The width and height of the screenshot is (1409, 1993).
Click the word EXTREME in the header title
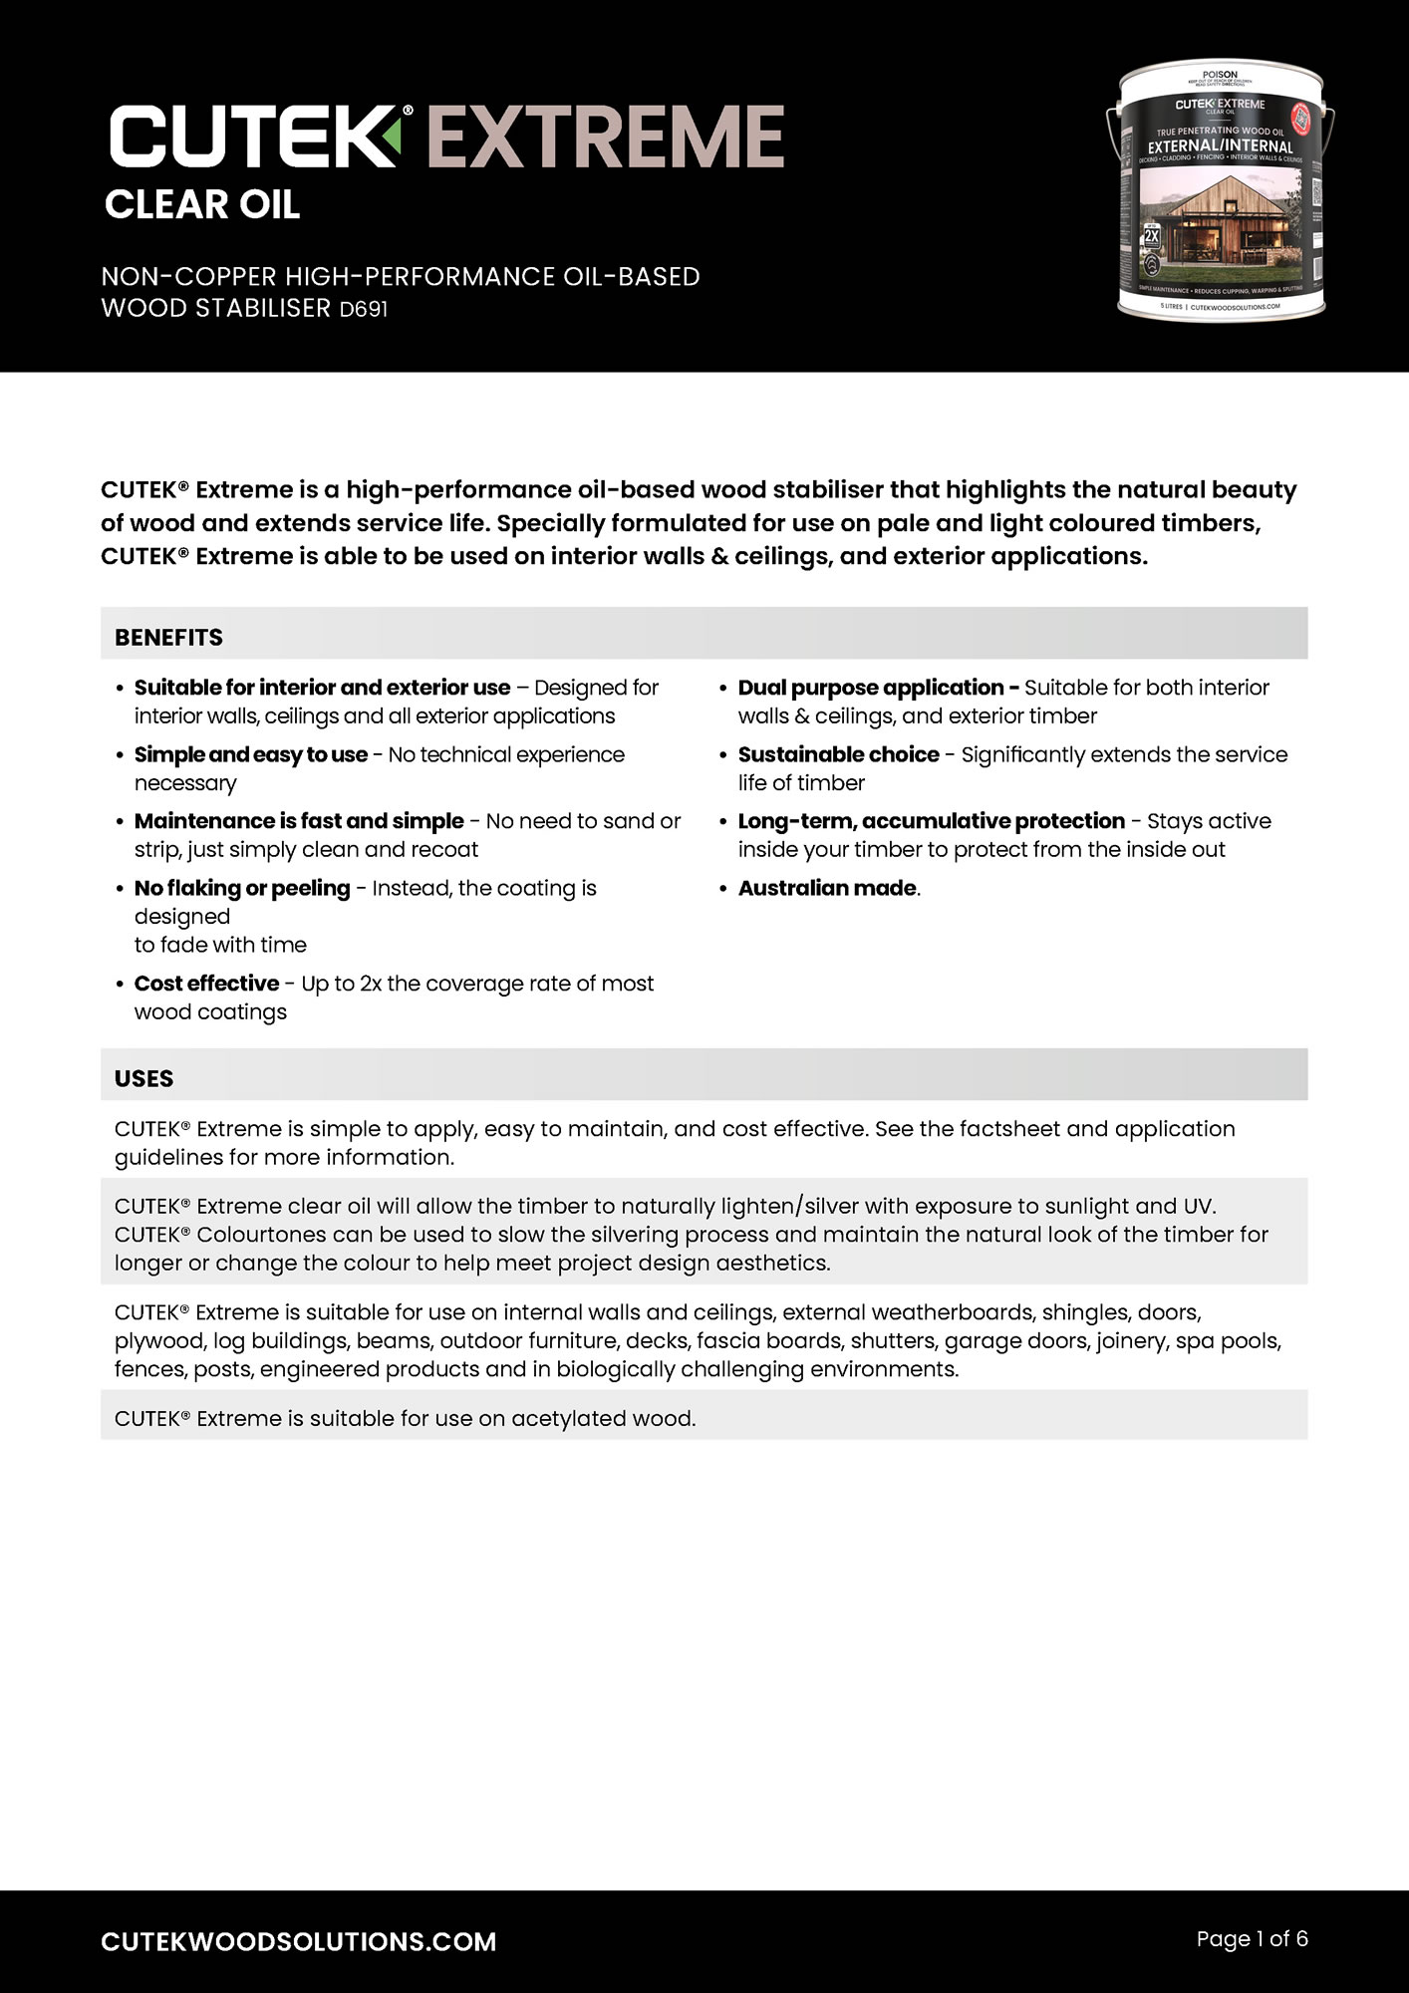tap(605, 137)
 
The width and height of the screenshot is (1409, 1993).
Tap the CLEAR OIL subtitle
tap(202, 205)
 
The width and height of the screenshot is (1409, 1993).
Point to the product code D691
tap(364, 309)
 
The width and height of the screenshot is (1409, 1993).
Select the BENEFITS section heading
tap(168, 638)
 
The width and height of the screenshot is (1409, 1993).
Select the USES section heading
tap(143, 1079)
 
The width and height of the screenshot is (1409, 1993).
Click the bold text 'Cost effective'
tap(206, 984)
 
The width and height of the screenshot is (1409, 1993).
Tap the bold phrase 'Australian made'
tap(827, 888)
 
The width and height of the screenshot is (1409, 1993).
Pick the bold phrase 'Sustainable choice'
tap(838, 754)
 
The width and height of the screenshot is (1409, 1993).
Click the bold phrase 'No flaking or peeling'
tap(242, 888)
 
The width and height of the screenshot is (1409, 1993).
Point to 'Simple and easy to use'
tap(250, 754)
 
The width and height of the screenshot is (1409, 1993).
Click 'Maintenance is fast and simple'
tap(299, 821)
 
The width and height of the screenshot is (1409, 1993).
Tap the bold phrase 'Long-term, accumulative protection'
tap(931, 821)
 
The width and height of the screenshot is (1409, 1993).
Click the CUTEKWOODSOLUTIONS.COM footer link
tap(299, 1941)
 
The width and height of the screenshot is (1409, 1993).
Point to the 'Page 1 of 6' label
tap(1252, 1939)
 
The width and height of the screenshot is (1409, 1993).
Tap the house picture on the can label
tap(1221, 224)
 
